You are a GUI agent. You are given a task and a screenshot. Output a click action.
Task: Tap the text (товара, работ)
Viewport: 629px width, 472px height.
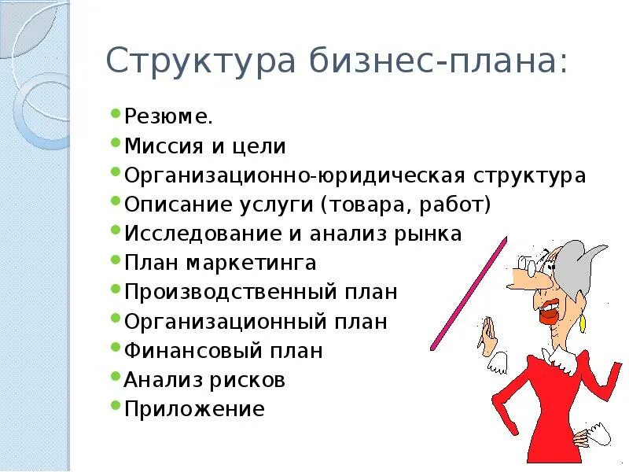pyautogui.click(x=405, y=205)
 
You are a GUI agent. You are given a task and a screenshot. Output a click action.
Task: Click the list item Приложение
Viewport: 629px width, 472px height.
pyautogui.click(x=194, y=409)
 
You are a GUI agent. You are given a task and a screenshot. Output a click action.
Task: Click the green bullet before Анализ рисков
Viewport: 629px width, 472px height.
pyautogui.click(x=116, y=378)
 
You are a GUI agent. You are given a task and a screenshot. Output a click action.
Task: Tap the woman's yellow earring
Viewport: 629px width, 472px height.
pyautogui.click(x=583, y=323)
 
